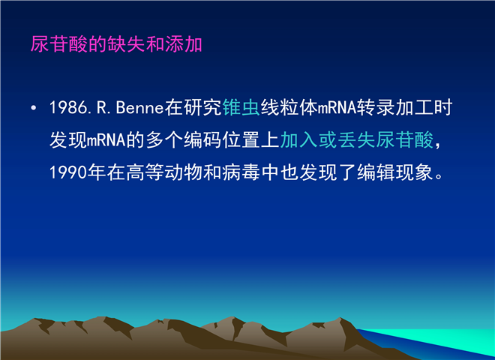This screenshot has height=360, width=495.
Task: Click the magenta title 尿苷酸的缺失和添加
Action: click(x=116, y=44)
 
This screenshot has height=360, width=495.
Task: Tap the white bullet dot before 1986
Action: click(x=34, y=108)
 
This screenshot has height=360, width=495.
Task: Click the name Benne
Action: click(x=139, y=108)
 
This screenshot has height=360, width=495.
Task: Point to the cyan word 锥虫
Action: click(x=241, y=108)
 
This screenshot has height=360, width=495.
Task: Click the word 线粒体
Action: click(x=289, y=108)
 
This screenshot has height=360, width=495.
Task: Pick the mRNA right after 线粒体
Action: click(x=337, y=108)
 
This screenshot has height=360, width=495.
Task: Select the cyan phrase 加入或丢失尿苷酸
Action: click(x=356, y=140)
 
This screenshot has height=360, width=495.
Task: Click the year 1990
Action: click(x=68, y=172)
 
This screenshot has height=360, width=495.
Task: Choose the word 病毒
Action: click(x=241, y=172)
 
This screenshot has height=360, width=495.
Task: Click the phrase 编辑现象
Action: click(x=394, y=172)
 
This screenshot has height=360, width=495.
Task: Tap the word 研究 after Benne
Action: click(x=203, y=108)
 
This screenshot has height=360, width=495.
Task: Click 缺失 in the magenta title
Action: click(x=126, y=44)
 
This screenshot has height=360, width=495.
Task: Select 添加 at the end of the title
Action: click(x=184, y=44)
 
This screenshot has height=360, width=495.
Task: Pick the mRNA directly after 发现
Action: click(x=106, y=140)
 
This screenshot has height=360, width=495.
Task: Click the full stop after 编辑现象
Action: click(x=439, y=175)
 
